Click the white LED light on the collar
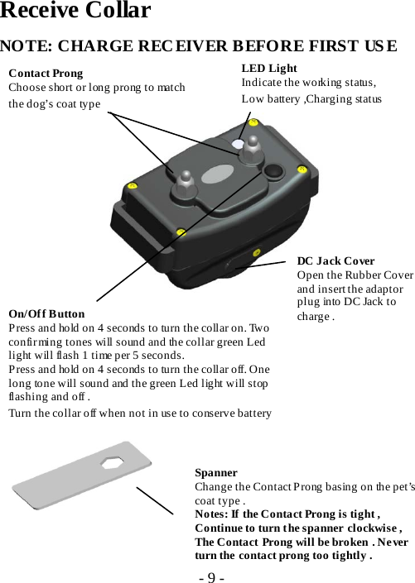(238, 145)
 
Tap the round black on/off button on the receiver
(273, 172)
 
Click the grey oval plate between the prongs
(219, 175)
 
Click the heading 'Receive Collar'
(75, 12)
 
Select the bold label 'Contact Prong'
(46, 74)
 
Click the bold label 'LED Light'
(269, 69)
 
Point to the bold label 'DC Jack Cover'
(335, 261)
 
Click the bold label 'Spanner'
(216, 472)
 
